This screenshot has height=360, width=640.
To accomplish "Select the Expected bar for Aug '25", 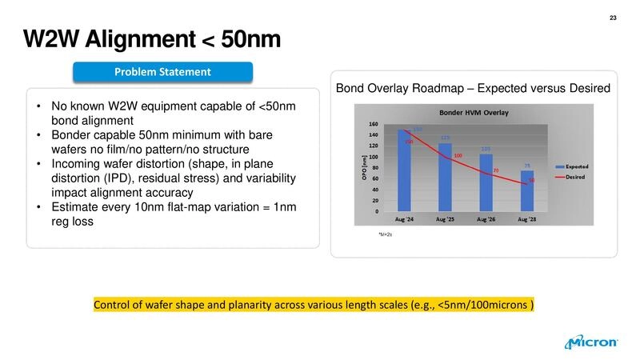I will [445, 178].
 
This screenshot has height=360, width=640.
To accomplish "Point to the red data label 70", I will [496, 170].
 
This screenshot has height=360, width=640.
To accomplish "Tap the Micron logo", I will [591, 342].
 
